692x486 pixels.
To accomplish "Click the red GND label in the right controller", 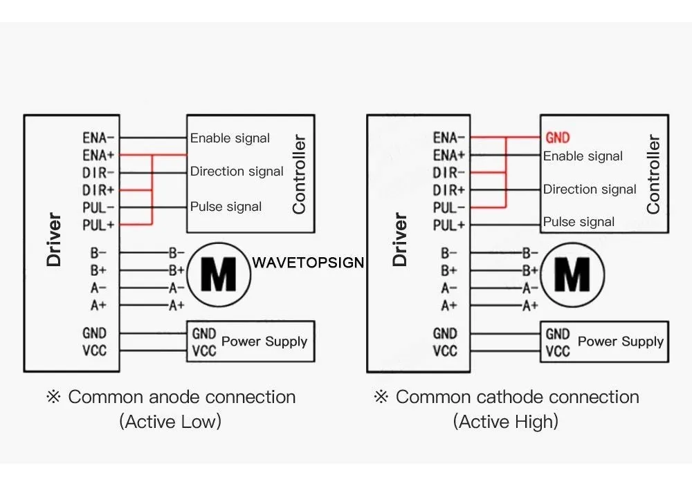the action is point(557,138).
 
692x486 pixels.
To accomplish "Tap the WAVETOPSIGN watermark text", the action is point(308,263).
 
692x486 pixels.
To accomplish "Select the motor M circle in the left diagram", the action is point(219,274).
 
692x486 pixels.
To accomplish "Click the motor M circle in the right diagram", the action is point(572,274).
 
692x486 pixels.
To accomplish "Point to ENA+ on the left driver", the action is point(98,156).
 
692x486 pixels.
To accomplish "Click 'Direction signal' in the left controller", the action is point(237,171).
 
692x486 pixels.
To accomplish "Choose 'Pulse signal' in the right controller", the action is point(579,221).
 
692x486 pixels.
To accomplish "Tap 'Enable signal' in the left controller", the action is point(230,138).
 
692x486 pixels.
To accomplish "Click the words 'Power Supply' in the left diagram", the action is point(264,342).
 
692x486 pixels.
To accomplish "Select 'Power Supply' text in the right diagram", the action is point(621,342).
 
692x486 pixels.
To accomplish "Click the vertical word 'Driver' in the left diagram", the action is point(53,239).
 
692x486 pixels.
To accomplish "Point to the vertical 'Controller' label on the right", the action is point(653,174).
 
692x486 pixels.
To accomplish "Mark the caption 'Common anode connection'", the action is point(182,397).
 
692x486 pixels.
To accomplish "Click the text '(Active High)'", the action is point(506,422).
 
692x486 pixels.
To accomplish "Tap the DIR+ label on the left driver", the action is point(98,190).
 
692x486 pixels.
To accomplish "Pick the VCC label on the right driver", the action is point(445,351).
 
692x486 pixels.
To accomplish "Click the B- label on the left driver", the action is point(98,253).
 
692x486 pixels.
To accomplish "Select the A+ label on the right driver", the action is point(449,305).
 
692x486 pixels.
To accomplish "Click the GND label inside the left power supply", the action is point(204,334).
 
